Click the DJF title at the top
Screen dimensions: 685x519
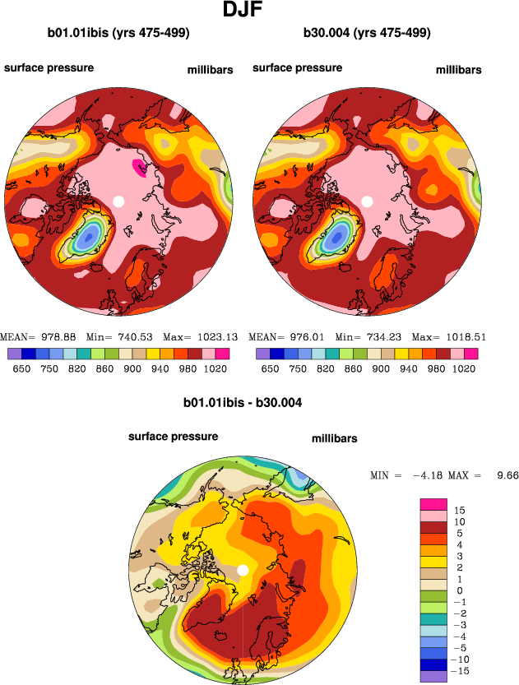coord(259,12)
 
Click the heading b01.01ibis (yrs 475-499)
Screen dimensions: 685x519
coord(119,34)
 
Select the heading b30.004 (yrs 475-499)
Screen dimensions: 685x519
coord(367,34)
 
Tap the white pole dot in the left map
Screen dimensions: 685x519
coord(118,201)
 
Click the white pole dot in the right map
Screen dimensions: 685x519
coord(368,201)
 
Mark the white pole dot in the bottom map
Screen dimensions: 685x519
coord(243,571)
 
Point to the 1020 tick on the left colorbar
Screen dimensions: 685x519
coord(218,369)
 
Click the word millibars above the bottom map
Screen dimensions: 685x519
coord(335,439)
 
